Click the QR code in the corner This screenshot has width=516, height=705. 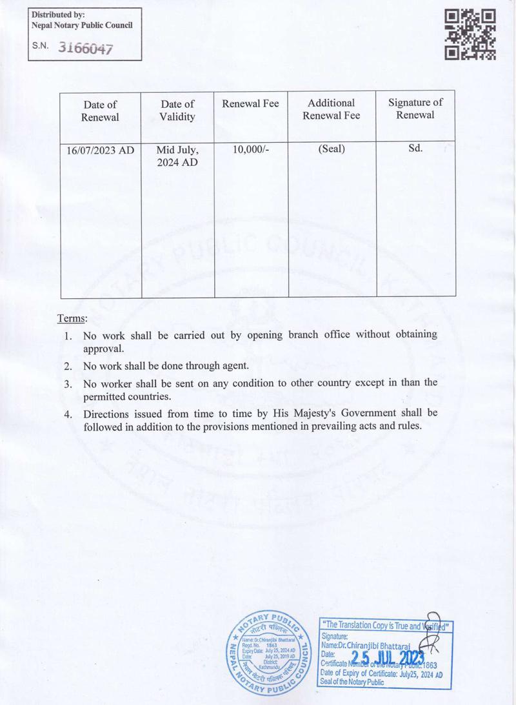click(x=471, y=34)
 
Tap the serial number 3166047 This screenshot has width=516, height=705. click(x=85, y=48)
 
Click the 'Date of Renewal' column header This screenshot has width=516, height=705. click(x=100, y=110)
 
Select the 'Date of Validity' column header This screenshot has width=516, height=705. click(x=177, y=110)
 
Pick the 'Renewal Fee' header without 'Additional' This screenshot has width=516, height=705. click(x=250, y=103)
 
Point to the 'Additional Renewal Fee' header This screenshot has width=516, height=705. click(x=332, y=109)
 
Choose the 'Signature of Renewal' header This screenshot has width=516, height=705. click(x=415, y=108)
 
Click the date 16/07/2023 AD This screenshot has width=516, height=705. click(x=100, y=150)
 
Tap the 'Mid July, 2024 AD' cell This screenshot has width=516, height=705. click(x=177, y=156)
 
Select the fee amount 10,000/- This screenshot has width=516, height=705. click(x=250, y=149)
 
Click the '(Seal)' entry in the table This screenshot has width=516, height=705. click(x=332, y=149)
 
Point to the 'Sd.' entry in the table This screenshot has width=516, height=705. click(x=415, y=148)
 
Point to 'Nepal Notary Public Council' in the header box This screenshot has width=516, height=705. click(x=82, y=25)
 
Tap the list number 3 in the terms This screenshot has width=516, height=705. click(x=68, y=383)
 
